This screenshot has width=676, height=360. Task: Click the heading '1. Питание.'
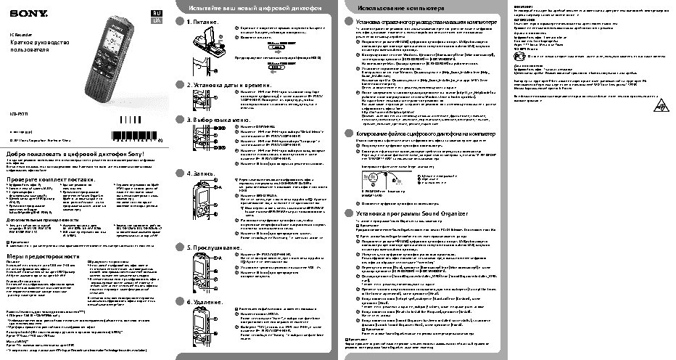[x=203, y=22]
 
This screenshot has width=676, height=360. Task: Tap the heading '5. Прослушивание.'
[x=213, y=247]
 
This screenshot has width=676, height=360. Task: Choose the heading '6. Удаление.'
[x=205, y=301]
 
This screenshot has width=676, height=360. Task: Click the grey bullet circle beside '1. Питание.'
[x=181, y=22]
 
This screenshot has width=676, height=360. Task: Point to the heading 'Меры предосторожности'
[x=43, y=257]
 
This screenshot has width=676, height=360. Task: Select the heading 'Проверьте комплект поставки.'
[x=51, y=178]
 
